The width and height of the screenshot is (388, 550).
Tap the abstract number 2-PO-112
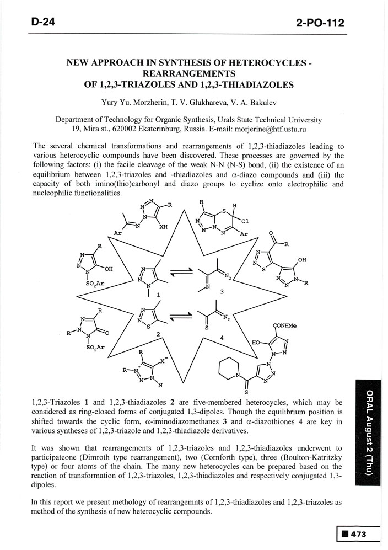click(x=320, y=23)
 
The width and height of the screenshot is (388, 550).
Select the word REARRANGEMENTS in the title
click(x=189, y=74)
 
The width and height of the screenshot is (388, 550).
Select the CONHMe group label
click(x=283, y=326)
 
